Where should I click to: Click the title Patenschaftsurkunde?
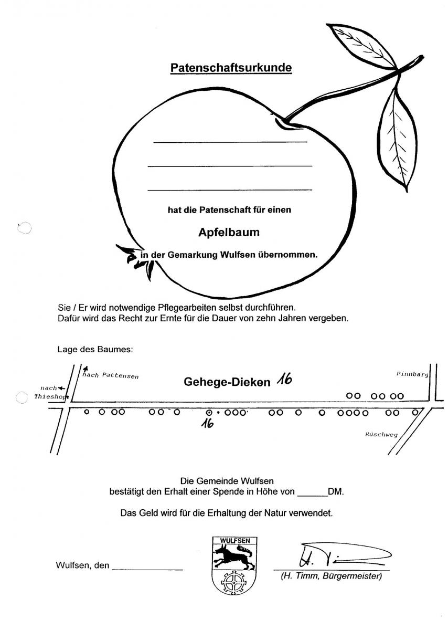(231, 68)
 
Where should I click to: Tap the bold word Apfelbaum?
(229, 233)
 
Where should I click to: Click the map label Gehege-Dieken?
(227, 382)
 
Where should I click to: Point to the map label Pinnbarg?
(412, 374)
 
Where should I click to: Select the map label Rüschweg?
(381, 434)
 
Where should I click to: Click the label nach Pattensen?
(111, 375)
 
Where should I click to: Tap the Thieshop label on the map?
(51, 396)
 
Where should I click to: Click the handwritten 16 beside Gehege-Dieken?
(284, 380)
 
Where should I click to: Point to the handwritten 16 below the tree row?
(207, 423)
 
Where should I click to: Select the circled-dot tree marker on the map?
(209, 413)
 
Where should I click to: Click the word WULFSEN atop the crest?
(235, 541)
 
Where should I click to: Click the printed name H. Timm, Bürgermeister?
(332, 576)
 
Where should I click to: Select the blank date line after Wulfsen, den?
(147, 570)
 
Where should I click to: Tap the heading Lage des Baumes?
(95, 349)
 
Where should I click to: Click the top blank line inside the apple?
(230, 142)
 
